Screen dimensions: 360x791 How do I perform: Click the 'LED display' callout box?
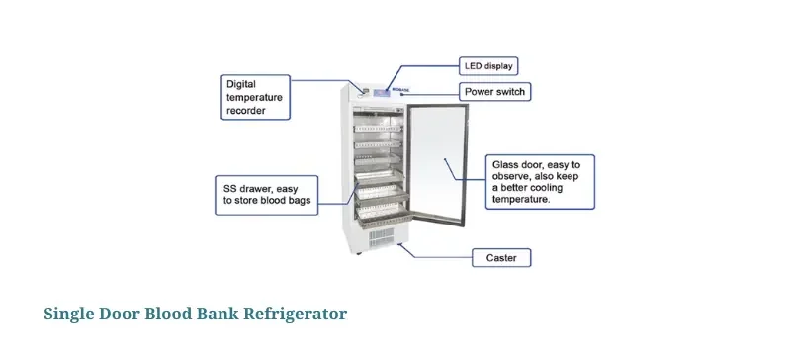point(488,66)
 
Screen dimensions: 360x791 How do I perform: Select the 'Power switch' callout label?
point(495,92)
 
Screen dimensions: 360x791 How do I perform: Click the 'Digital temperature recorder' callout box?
point(254,97)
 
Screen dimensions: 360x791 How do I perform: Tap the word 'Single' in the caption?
point(68,315)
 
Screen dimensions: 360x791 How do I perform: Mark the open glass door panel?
point(441,168)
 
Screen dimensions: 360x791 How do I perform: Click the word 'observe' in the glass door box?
point(516,175)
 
